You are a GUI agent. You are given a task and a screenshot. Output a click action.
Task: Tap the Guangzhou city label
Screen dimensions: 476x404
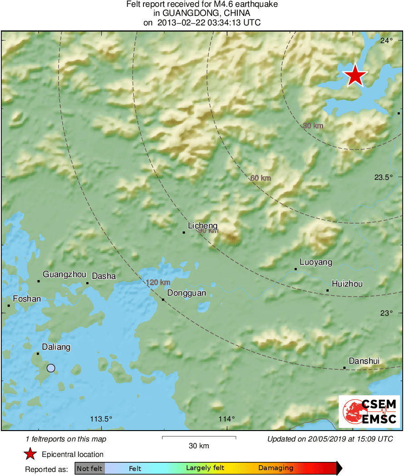coord(64,274)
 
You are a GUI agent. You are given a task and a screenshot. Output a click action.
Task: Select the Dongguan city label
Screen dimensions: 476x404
coord(187,293)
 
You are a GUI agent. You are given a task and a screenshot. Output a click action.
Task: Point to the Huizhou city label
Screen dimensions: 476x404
coord(347,284)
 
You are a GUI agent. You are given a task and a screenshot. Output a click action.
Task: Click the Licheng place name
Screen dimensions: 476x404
coord(202,226)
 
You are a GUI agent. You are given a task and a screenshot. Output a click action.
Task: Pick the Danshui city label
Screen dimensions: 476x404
coord(365,361)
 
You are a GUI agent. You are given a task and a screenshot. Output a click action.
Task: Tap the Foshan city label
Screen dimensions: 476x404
coord(27,299)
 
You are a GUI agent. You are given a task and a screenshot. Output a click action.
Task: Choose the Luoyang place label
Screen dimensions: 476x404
coord(316,262)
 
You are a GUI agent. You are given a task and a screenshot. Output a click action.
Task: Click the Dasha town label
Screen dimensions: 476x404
coord(104,276)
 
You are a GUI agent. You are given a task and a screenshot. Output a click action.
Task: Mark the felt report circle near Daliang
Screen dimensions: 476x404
coord(51,368)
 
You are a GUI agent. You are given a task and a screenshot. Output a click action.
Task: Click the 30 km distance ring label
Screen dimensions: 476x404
coord(313,126)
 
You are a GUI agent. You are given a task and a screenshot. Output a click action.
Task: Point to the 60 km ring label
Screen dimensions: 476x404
coord(261,178)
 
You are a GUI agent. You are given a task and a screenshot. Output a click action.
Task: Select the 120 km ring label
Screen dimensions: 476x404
coord(158,283)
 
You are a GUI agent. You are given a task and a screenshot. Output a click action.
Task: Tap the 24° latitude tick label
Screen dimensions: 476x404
coord(387,41)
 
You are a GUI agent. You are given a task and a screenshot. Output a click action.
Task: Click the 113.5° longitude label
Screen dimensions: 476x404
coord(101,419)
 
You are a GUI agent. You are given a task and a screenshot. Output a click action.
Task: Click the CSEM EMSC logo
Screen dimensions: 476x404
coord(369,412)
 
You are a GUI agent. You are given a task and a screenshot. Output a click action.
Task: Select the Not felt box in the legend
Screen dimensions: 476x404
coord(89,468)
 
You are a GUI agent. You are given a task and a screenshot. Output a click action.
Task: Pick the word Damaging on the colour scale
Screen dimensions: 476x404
coord(276,468)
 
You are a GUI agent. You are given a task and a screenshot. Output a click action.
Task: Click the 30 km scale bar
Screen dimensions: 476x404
coord(199,438)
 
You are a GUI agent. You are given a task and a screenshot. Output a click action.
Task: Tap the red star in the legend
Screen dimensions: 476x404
coord(30,454)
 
